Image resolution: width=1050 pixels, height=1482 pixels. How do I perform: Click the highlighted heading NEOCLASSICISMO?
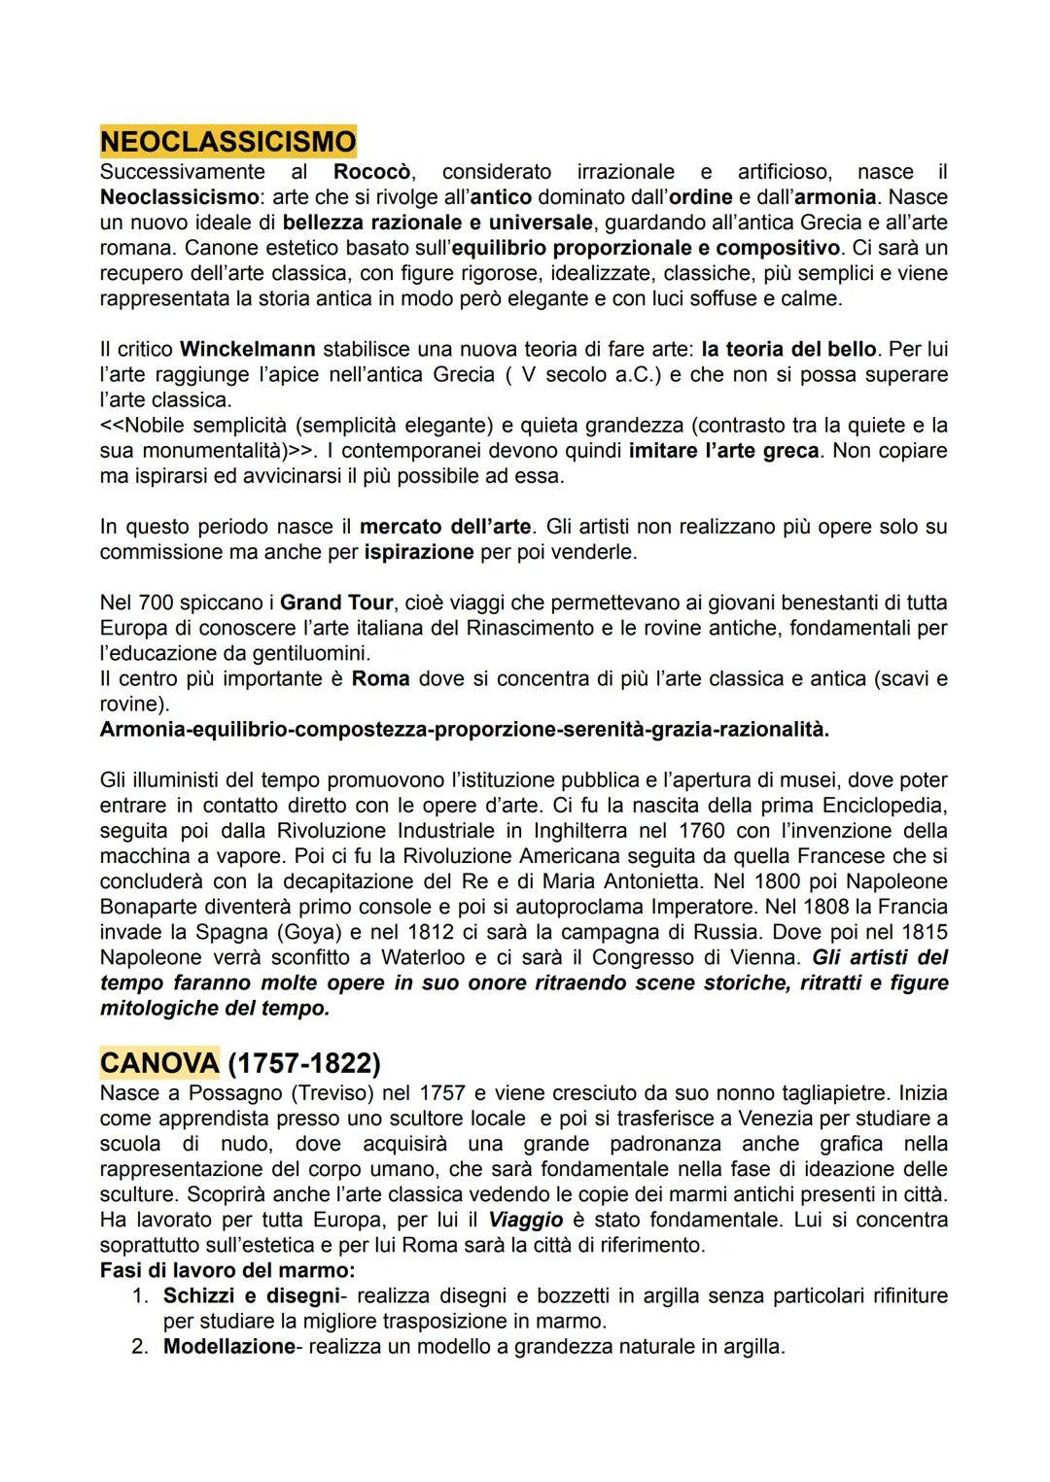[x=227, y=142]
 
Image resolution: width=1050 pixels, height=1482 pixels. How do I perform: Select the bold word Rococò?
[x=374, y=172]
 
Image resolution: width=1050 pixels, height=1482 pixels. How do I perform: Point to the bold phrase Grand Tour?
[x=336, y=603]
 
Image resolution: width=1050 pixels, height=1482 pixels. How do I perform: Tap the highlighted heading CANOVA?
[x=159, y=1063]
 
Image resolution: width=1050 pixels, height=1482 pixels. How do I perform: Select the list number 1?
[x=138, y=1296]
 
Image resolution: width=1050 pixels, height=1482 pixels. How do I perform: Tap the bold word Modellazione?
[x=228, y=1347]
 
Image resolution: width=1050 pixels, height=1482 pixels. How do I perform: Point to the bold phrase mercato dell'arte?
[x=445, y=527]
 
